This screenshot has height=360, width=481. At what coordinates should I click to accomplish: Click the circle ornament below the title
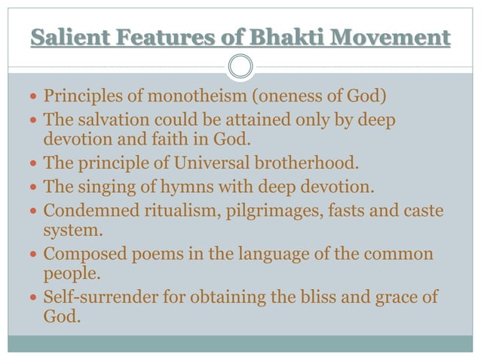coord(240,66)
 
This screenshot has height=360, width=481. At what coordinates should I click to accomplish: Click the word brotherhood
coord(296,163)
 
